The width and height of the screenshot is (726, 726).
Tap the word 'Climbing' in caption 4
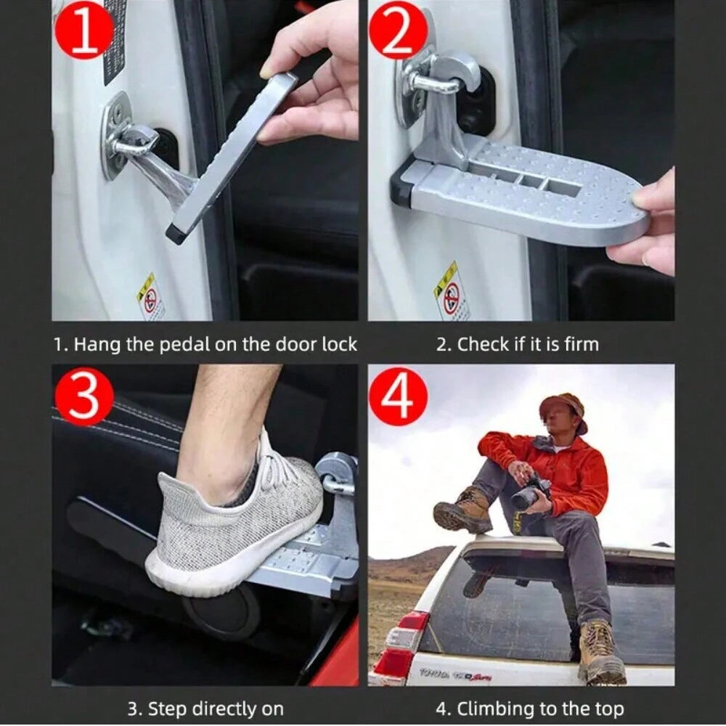pos(494,708)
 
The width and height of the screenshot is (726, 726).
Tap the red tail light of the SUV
pos(398,646)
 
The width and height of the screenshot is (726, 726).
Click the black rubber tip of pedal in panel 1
pos(174,234)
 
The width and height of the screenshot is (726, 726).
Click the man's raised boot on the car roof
pos(462,511)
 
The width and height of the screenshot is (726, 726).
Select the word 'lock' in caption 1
pos(340,344)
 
